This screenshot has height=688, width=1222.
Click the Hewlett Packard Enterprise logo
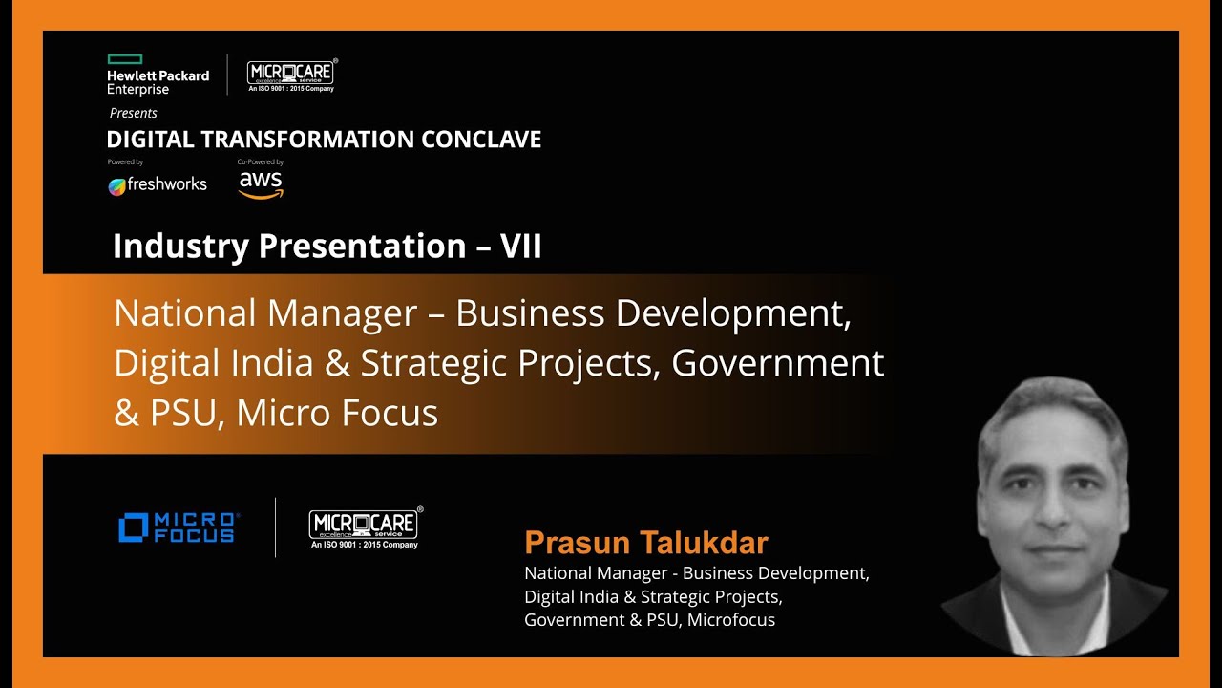pyautogui.click(x=158, y=75)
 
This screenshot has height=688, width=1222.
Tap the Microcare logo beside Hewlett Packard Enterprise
pyautogui.click(x=291, y=75)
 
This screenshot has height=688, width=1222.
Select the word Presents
pyautogui.click(x=134, y=113)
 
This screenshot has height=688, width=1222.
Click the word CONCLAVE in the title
pyautogui.click(x=481, y=140)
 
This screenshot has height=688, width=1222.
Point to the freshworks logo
pyautogui.click(x=158, y=184)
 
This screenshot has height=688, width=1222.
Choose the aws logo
pyautogui.click(x=261, y=183)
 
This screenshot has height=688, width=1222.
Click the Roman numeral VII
pyautogui.click(x=521, y=247)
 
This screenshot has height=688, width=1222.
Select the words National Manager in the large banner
pyautogui.click(x=265, y=313)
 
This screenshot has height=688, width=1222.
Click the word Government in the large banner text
pyautogui.click(x=778, y=363)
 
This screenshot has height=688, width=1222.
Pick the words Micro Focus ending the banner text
pyautogui.click(x=337, y=413)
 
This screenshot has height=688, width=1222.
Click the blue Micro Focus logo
pyautogui.click(x=179, y=527)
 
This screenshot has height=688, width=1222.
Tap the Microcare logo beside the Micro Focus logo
pyautogui.click(x=365, y=527)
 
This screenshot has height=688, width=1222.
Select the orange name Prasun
pyautogui.click(x=578, y=543)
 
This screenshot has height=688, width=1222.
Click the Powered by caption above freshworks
pyautogui.click(x=125, y=162)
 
